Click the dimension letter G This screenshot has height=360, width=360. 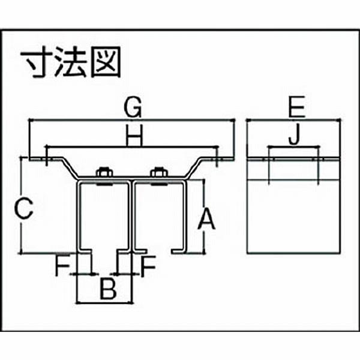point(133,108)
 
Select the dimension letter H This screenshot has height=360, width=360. point(134,138)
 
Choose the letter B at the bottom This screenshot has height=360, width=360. point(106,290)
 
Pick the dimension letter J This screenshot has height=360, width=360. point(293,138)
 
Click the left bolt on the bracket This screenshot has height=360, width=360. point(103,173)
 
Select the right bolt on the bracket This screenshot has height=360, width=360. point(158,173)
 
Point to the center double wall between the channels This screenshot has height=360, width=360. point(130,216)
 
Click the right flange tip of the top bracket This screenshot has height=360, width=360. point(225,159)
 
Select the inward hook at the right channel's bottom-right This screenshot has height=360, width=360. point(178,250)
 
